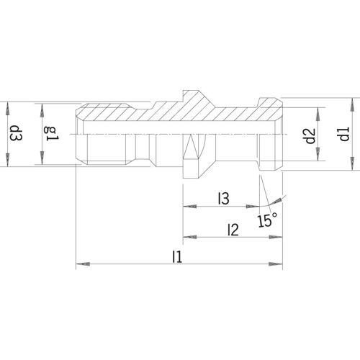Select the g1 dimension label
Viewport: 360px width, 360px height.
[51, 134]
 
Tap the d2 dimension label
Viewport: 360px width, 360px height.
[310, 136]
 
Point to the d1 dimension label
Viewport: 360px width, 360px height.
[344, 134]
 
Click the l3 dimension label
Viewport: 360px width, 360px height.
[224, 199]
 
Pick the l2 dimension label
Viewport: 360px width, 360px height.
[233, 230]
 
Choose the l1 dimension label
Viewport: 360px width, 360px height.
[177, 256]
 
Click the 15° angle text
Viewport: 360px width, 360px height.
[268, 220]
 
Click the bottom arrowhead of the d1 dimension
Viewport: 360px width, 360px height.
[353, 163]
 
